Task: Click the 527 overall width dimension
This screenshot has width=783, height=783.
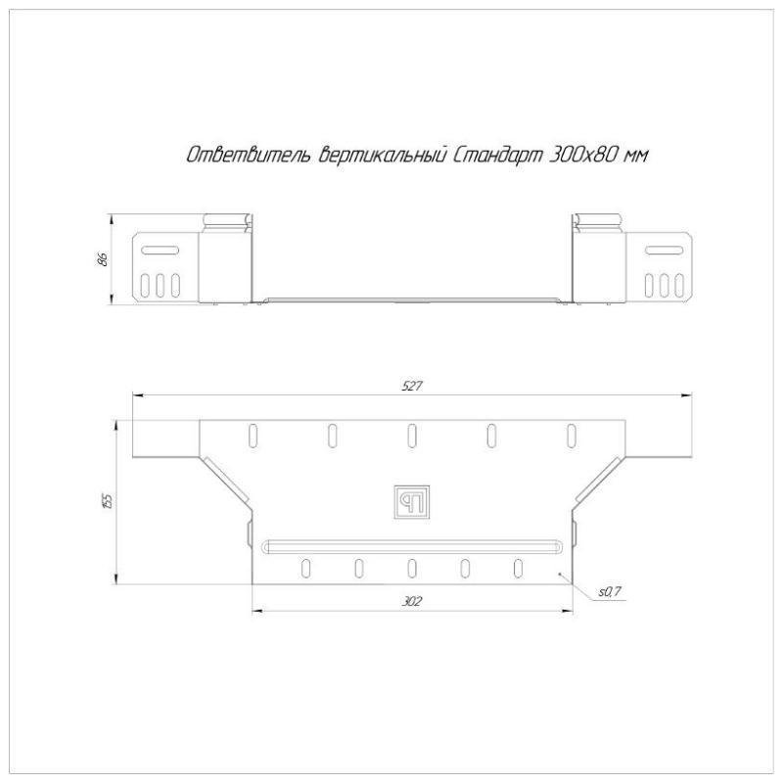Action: click(x=412, y=386)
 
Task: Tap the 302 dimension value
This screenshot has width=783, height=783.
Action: click(x=412, y=601)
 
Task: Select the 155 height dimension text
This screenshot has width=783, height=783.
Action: click(x=107, y=501)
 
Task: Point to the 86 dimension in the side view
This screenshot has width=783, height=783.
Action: click(x=103, y=259)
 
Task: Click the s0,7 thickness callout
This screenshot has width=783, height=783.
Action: click(x=609, y=592)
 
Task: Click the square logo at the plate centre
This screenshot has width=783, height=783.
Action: click(x=412, y=502)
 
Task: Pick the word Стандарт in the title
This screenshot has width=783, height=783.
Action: click(x=498, y=156)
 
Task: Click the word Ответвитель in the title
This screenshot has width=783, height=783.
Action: click(x=250, y=156)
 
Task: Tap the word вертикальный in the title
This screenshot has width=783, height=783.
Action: click(x=382, y=156)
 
